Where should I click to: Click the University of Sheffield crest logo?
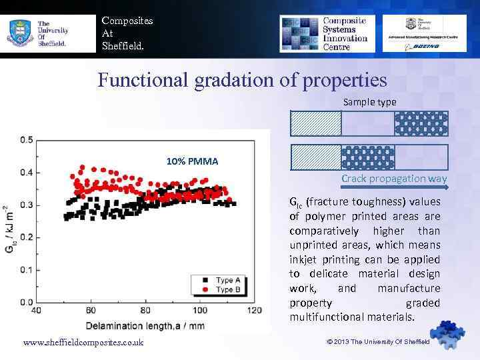tap(20, 31)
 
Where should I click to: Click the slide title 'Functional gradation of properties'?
tap(242, 81)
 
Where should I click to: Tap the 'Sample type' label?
tap(369, 102)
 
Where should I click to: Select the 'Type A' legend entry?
tap(224, 280)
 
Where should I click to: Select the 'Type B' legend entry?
tap(224, 289)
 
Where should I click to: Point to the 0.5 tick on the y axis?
tap(27, 140)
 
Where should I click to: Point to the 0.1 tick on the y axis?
tap(27, 269)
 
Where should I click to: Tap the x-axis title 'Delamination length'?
tap(146, 325)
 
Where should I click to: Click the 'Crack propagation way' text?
tap(394, 179)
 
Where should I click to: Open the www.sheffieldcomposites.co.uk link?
tap(83, 342)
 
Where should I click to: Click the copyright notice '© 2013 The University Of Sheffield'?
tap(379, 341)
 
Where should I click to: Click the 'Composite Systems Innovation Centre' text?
tap(345, 30)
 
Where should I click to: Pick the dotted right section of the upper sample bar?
tap(421, 123)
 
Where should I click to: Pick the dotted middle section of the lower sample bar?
tap(368, 157)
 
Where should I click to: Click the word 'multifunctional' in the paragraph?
tap(323, 317)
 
